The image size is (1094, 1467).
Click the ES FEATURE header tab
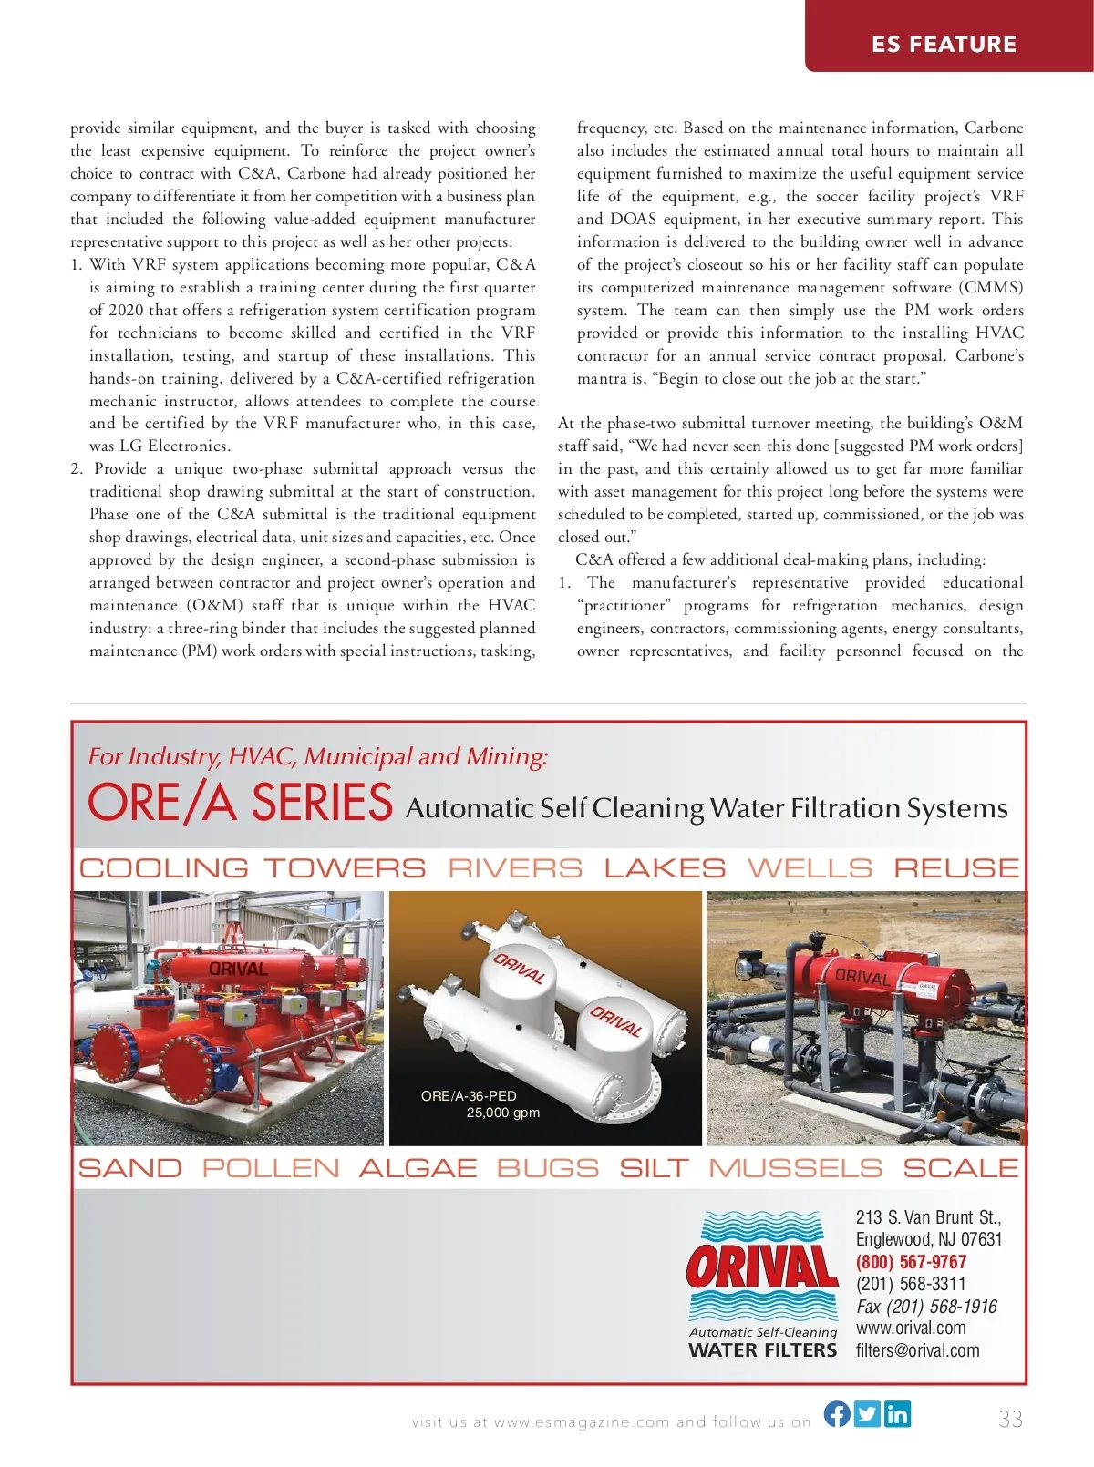tap(944, 44)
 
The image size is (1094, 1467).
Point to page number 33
tap(1010, 1419)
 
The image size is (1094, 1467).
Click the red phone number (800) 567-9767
tap(911, 1262)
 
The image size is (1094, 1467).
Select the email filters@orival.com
tap(917, 1350)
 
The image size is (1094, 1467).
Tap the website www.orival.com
tap(911, 1328)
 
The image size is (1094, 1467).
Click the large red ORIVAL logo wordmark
tap(762, 1267)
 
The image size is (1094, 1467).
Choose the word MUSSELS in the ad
tap(795, 1168)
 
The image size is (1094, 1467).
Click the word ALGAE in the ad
tap(418, 1168)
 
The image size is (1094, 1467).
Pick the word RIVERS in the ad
tap(515, 868)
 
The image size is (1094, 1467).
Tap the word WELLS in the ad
tap(810, 868)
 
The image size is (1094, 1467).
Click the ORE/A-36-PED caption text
tap(469, 1095)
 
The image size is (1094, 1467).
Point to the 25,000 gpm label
tap(502, 1113)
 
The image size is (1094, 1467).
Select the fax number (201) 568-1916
tap(926, 1307)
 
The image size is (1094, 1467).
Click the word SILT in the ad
tap(653, 1168)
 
